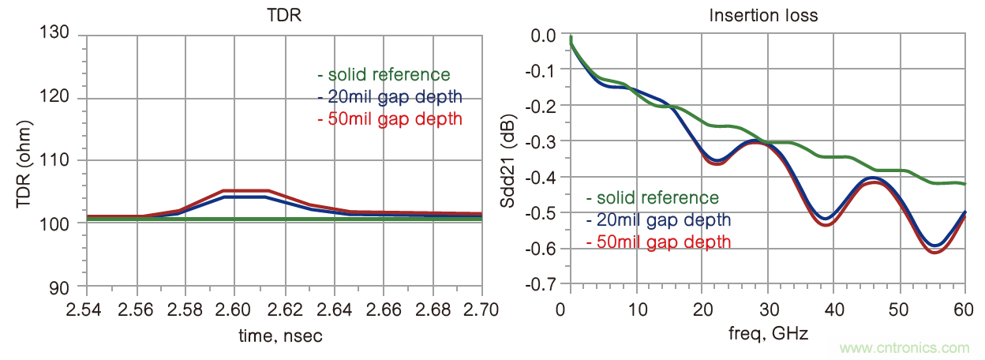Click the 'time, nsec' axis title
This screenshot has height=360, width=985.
pyautogui.click(x=280, y=336)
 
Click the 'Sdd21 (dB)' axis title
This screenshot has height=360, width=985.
pyautogui.click(x=511, y=160)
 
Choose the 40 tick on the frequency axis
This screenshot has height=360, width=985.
pyautogui.click(x=833, y=307)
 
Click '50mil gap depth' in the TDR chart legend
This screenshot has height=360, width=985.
pyautogui.click(x=389, y=120)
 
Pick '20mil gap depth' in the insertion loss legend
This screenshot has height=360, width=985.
pyautogui.click(x=658, y=219)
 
